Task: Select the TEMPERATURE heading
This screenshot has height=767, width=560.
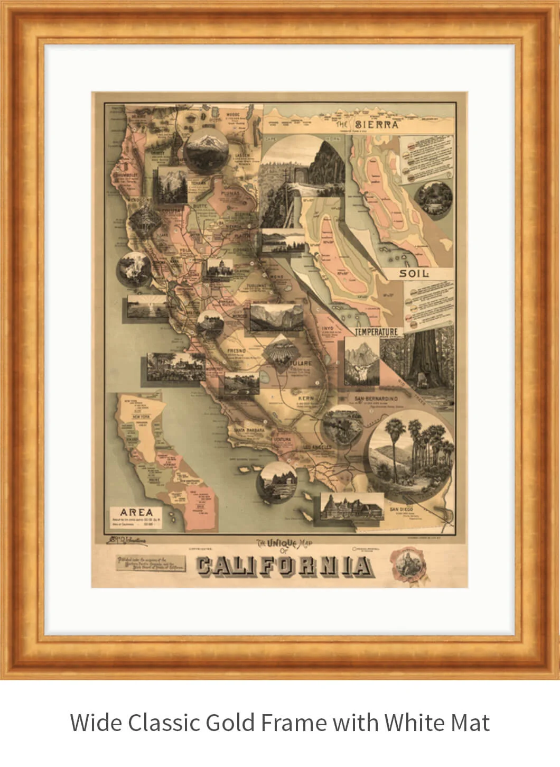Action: point(376,331)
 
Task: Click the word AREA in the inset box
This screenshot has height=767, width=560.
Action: point(136,512)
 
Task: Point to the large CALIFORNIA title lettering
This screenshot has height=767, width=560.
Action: point(284,566)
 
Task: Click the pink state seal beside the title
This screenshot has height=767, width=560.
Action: point(407,563)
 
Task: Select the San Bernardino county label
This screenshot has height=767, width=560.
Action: point(376,398)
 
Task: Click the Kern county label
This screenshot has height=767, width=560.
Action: point(306,397)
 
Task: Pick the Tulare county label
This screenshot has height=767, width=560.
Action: point(301,363)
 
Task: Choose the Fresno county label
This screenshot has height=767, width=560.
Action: point(236,350)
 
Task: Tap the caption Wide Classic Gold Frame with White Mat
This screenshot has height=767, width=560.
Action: point(279,722)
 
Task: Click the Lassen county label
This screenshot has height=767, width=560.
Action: point(240,156)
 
